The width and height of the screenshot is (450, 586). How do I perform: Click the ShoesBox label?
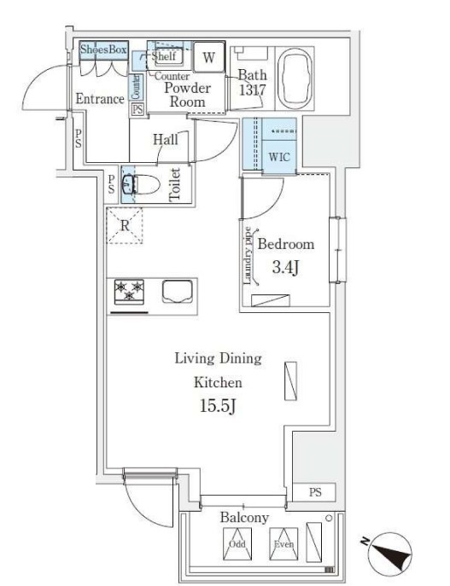[x=103, y=49]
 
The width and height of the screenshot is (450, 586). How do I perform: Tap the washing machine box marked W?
[x=209, y=57]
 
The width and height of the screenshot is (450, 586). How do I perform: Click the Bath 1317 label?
[x=253, y=83]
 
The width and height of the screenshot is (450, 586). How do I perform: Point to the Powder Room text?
[x=187, y=95]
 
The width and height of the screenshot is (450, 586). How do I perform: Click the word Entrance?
[x=100, y=99]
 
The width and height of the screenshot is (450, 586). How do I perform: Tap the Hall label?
[x=166, y=139]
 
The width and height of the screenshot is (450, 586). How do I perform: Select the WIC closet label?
[x=279, y=157]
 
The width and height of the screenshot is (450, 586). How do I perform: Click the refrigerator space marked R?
[x=125, y=226]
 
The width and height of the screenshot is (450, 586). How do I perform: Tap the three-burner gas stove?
[x=129, y=292]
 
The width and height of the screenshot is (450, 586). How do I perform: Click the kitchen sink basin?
[x=178, y=291]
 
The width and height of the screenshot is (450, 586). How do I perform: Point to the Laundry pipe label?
[x=248, y=256]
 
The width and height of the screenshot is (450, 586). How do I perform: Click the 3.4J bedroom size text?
[x=285, y=267]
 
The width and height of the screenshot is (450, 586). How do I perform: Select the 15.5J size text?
[x=218, y=406]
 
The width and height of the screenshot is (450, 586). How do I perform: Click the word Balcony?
[x=244, y=518]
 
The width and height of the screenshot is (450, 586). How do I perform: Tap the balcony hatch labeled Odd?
[x=237, y=543]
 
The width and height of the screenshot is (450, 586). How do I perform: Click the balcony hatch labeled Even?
[x=283, y=543]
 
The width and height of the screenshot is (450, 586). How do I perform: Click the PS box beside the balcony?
[x=314, y=492]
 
